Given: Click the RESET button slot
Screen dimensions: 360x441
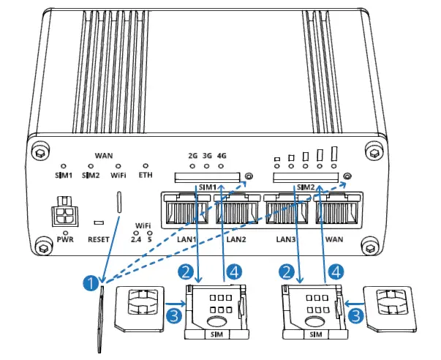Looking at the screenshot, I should point(97,220).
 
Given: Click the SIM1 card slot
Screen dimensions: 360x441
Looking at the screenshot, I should point(207,177).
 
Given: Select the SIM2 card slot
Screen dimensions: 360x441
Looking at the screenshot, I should point(306,177).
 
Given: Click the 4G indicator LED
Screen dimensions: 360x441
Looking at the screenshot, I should point(222,167).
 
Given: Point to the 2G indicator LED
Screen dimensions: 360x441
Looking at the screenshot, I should point(192,167).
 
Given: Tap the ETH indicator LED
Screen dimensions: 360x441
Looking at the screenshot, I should point(146,166).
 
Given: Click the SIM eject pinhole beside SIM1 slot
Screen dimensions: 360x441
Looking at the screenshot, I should point(249,177).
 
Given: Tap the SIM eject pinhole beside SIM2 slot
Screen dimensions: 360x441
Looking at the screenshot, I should point(347,177).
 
